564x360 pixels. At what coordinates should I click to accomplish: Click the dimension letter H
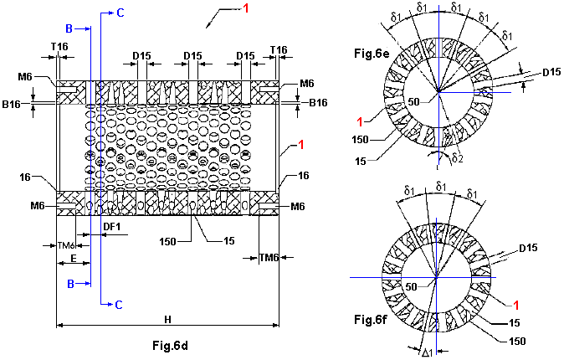(167, 320)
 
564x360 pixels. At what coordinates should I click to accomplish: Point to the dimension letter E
(74, 260)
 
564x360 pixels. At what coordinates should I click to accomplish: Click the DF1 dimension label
(112, 225)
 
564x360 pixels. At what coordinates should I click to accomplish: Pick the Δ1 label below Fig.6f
(428, 352)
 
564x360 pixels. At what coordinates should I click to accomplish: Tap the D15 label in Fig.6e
(551, 72)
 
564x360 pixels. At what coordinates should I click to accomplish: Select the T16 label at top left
(59, 49)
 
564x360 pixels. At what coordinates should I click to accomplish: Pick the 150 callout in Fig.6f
(519, 340)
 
